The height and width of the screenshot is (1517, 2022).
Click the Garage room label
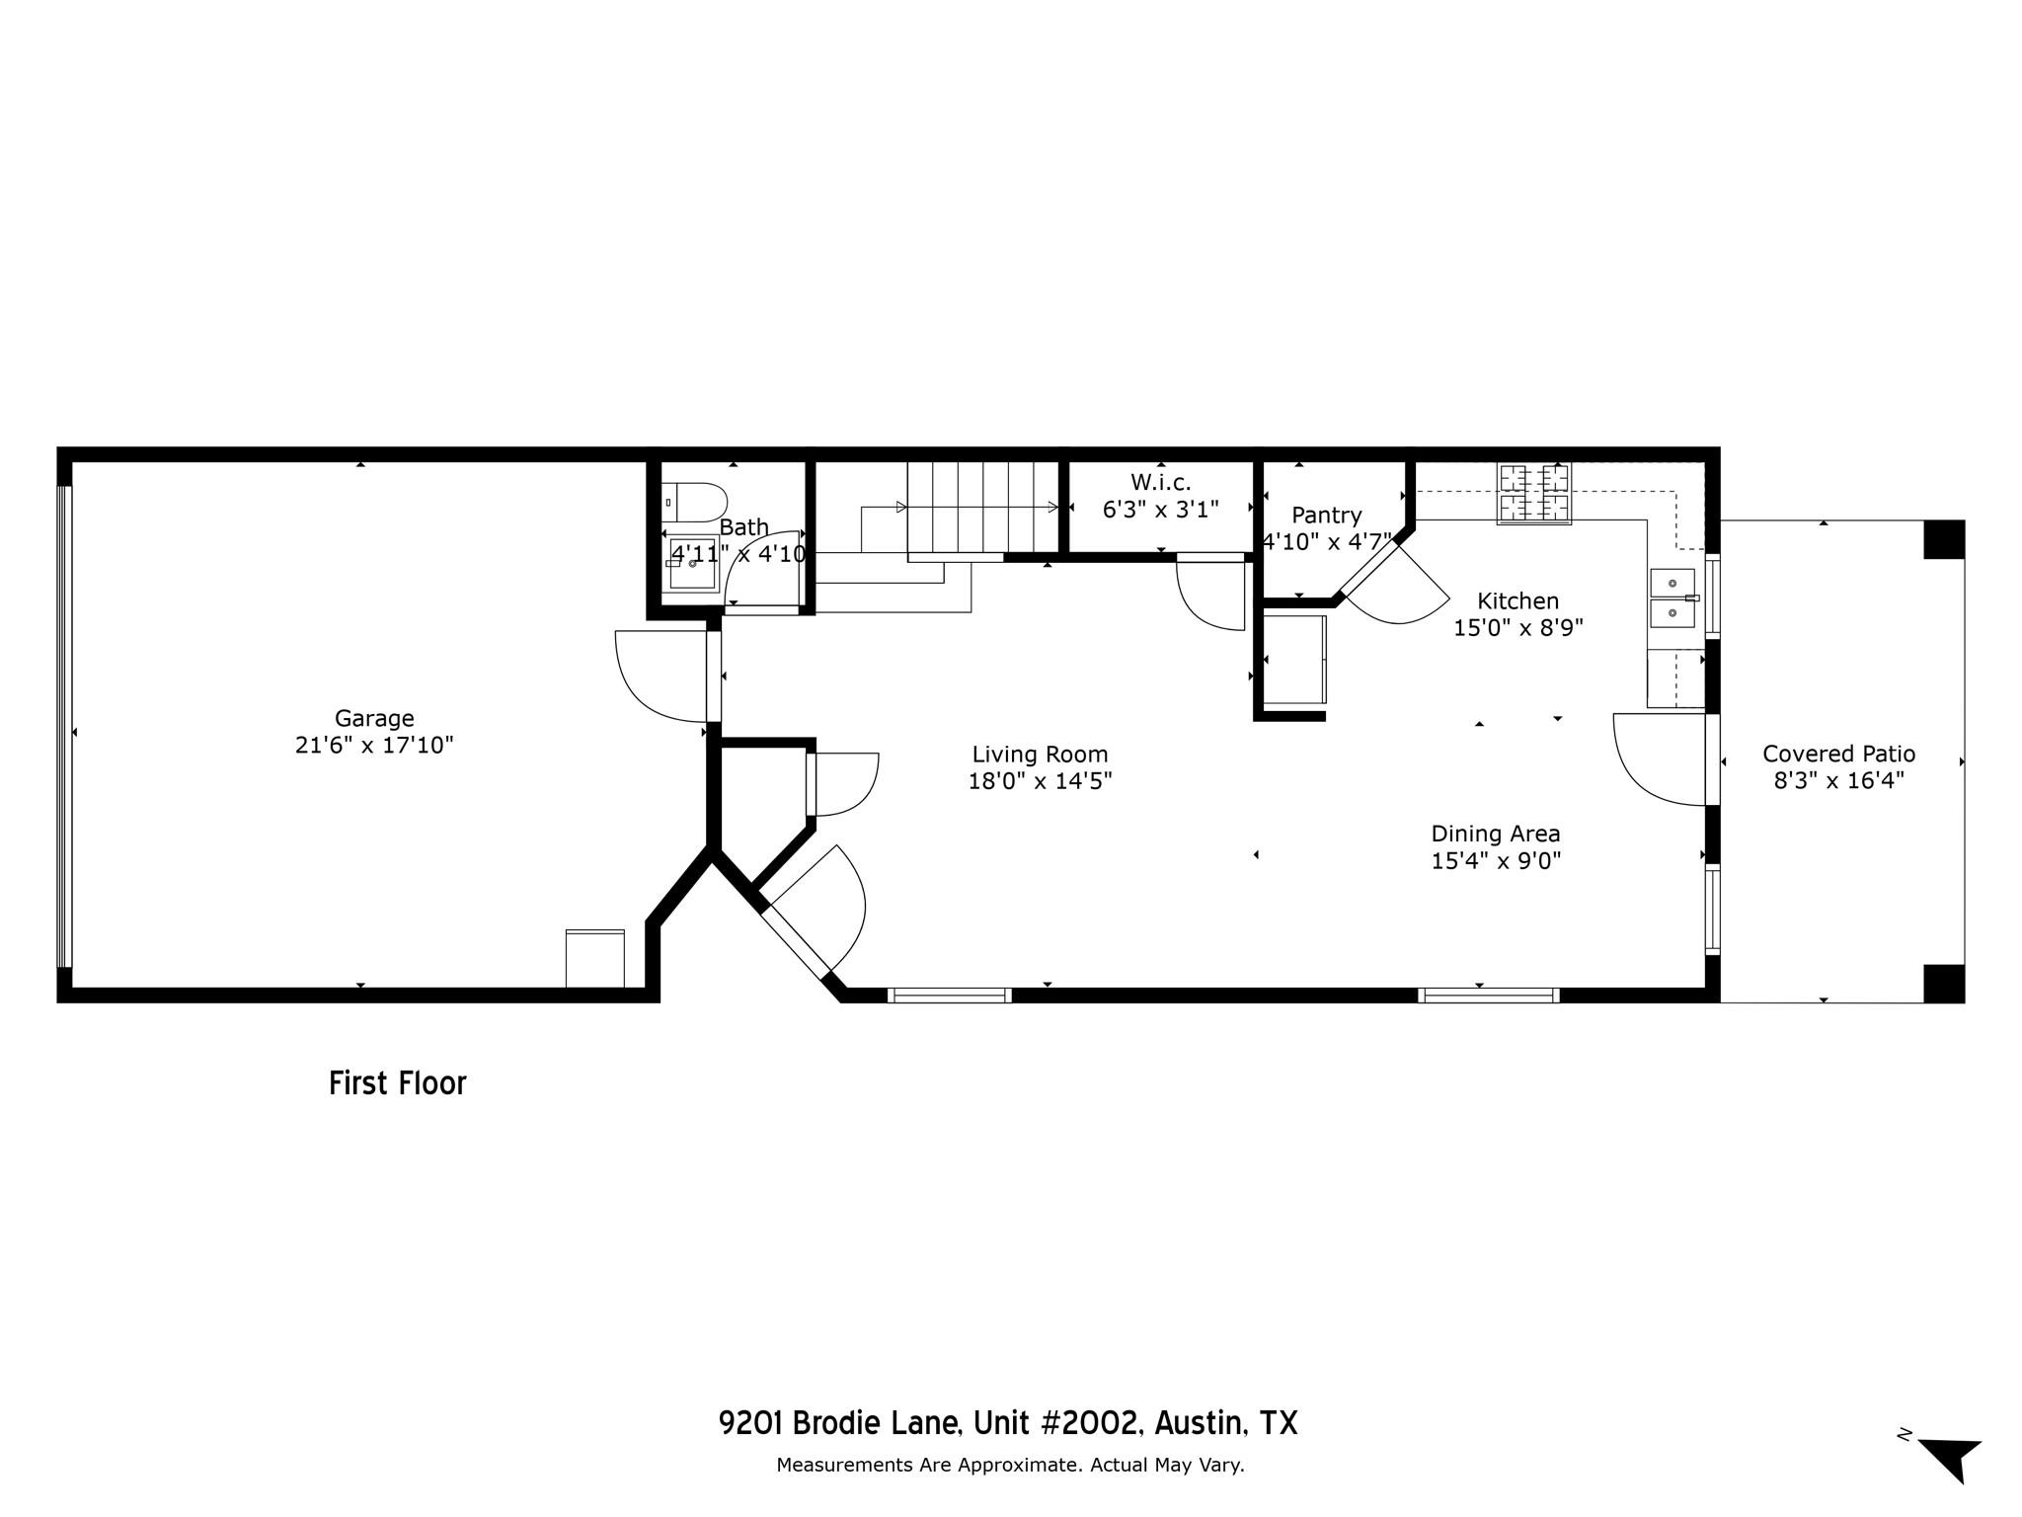(x=374, y=718)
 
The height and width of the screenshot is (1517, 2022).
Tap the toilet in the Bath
(x=694, y=503)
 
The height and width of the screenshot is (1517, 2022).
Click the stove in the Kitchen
(x=1534, y=493)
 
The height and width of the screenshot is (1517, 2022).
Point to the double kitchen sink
(x=1672, y=599)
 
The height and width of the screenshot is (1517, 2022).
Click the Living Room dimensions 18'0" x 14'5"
(x=1040, y=781)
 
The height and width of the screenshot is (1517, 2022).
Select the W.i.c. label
(x=1160, y=482)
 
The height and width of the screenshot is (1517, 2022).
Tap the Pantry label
(x=1326, y=515)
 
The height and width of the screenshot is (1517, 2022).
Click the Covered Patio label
(x=1838, y=754)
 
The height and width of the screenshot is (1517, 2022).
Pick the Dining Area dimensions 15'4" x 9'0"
(x=1496, y=860)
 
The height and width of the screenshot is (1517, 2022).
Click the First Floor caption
(x=397, y=1083)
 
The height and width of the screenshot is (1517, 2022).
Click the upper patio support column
(x=1943, y=539)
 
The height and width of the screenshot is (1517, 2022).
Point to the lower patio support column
(x=1943, y=983)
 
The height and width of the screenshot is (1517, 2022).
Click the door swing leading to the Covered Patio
(x=1659, y=758)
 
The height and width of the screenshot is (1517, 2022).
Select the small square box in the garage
(x=594, y=958)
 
